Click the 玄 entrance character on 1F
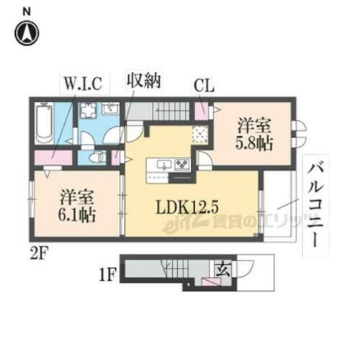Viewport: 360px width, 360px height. [x=224, y=269]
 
